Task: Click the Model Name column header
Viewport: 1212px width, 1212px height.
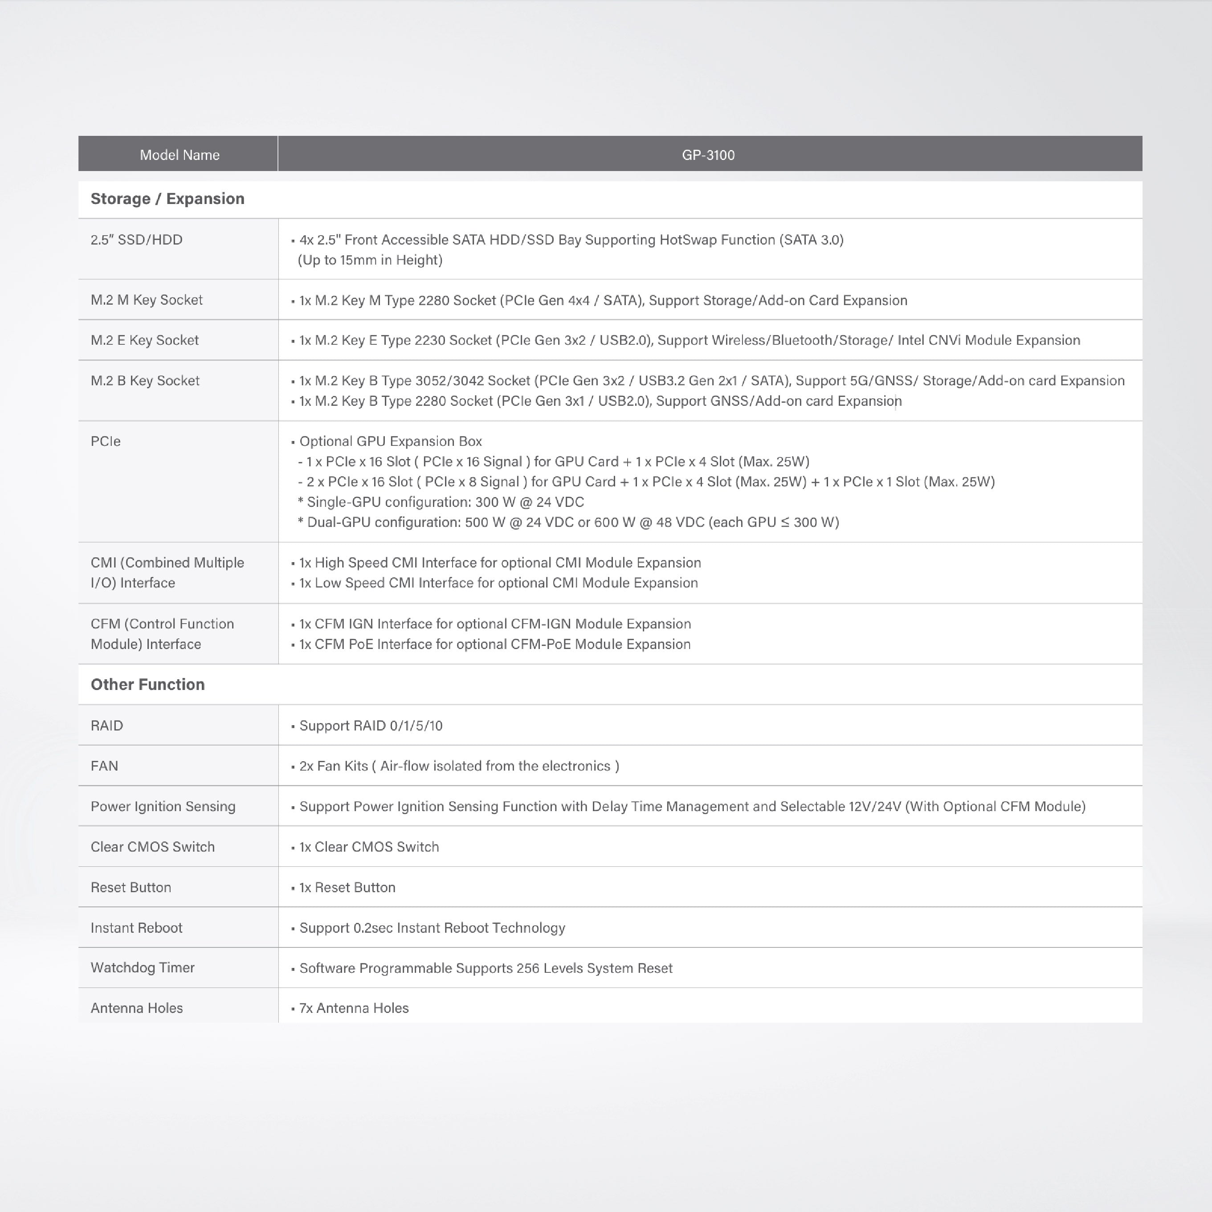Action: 180,155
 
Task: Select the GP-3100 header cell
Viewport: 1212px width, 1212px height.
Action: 708,155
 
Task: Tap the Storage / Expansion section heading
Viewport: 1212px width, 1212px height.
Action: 167,199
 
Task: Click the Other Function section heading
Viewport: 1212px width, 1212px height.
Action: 147,685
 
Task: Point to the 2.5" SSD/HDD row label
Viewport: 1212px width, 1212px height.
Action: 136,240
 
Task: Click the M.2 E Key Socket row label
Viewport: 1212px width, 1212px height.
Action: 144,340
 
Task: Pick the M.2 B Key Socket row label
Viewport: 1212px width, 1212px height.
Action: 145,381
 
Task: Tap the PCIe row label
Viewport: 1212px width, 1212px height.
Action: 106,441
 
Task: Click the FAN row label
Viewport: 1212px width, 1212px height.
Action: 104,766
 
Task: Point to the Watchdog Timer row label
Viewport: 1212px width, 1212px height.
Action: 143,967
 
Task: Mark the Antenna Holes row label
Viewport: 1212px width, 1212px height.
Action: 137,1008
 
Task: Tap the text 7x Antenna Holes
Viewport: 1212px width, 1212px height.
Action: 354,1008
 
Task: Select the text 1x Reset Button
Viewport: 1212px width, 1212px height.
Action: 347,887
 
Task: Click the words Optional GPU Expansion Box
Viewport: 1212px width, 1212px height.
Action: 390,441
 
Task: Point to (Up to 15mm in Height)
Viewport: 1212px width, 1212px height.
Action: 370,260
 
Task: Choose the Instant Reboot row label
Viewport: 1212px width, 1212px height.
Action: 136,927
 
